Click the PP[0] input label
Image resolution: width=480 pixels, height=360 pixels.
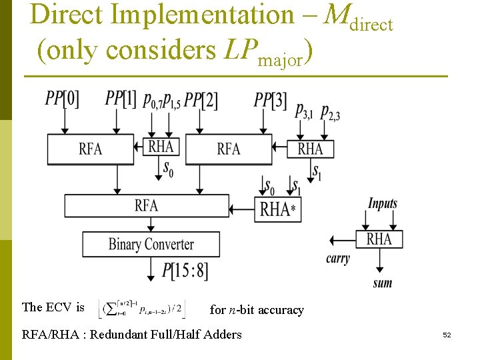tap(62, 99)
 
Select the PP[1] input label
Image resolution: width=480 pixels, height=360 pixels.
tap(121, 99)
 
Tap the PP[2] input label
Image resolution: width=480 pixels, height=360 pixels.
tap(201, 100)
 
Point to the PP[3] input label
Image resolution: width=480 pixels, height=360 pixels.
tap(271, 100)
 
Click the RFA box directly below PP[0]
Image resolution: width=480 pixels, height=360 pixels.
tap(91, 149)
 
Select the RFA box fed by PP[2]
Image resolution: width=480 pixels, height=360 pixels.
tap(229, 149)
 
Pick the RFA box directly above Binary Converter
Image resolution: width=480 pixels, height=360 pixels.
tap(146, 205)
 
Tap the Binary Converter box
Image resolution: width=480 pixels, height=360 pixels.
tap(151, 244)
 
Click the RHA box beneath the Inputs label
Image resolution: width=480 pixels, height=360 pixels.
tap(379, 239)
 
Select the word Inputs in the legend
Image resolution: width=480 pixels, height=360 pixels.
tap(383, 204)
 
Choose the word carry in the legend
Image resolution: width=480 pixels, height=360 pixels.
tap(337, 259)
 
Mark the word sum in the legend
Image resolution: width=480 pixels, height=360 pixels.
tap(383, 283)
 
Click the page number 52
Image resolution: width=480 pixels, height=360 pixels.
tap(447, 335)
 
